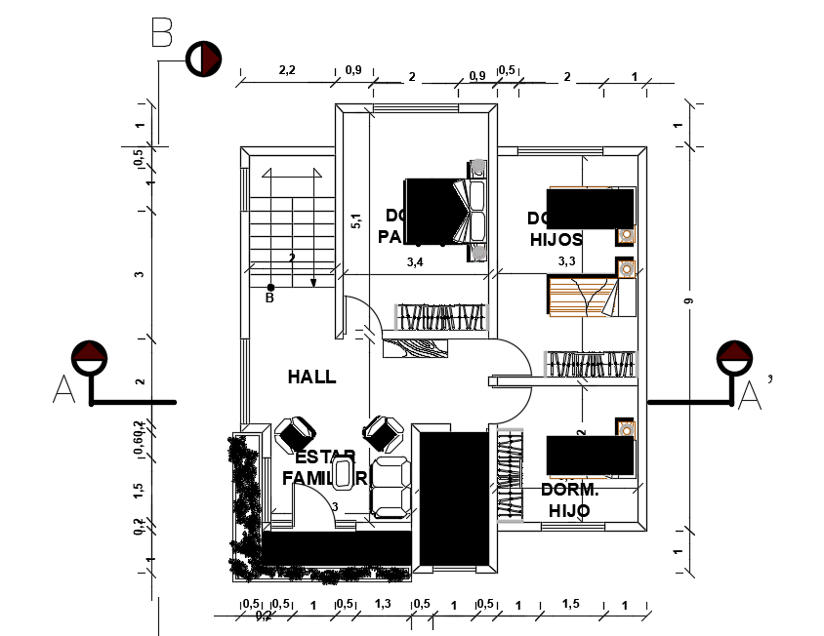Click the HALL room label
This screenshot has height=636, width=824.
[x=311, y=377]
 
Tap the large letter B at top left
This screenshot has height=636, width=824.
[x=162, y=35]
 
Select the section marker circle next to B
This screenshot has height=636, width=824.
[x=202, y=59]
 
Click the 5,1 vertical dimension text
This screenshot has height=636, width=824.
[x=355, y=220]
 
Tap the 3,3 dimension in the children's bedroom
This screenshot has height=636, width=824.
[x=566, y=261]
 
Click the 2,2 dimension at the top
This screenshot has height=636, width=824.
[x=287, y=70]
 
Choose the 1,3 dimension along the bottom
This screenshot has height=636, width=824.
[x=383, y=605]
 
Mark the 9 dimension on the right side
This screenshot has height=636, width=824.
[x=688, y=303]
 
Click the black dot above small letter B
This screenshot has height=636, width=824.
[x=270, y=287]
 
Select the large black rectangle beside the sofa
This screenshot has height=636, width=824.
[x=453, y=497]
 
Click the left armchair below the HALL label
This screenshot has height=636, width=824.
[x=295, y=433]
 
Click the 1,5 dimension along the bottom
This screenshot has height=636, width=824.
[x=571, y=605]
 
